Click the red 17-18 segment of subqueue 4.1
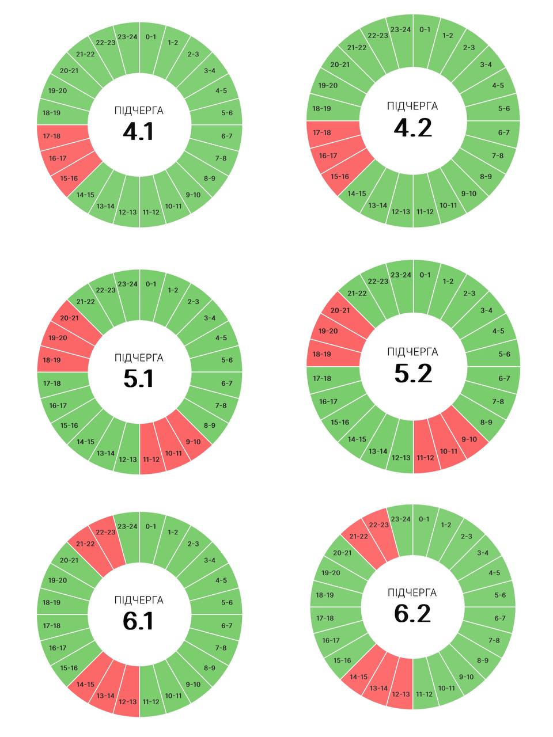click(x=52, y=136)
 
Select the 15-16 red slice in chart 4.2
click(x=340, y=176)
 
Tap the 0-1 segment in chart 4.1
click(x=151, y=37)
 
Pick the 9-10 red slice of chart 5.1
click(x=194, y=442)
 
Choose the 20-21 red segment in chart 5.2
click(x=340, y=311)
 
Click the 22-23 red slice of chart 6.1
click(x=105, y=532)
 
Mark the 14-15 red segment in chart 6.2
click(x=358, y=677)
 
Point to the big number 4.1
click(x=138, y=132)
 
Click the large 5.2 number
click(x=413, y=374)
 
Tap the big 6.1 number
click(x=138, y=621)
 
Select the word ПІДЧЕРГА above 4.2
click(x=412, y=107)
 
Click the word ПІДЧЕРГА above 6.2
click(x=412, y=593)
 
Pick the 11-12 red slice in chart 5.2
click(x=425, y=457)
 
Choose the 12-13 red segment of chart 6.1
click(x=128, y=701)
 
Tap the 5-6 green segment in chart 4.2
click(x=504, y=109)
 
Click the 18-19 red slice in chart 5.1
click(x=52, y=360)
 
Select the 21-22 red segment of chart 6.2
click(x=358, y=537)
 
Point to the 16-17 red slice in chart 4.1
click(x=58, y=158)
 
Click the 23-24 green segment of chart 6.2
click(x=401, y=519)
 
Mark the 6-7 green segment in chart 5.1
click(x=227, y=383)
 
